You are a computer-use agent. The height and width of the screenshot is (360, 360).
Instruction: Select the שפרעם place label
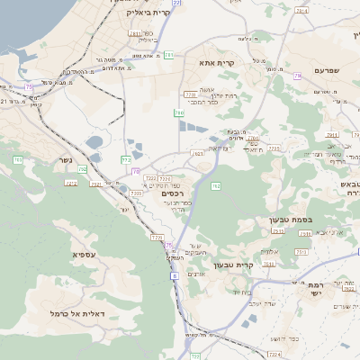[x=330, y=70]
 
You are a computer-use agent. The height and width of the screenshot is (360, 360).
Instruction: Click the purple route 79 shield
[x=297, y=76]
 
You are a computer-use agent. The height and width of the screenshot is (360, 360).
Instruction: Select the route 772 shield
[x=126, y=160]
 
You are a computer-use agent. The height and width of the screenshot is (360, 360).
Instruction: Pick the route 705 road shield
[x=18, y=160]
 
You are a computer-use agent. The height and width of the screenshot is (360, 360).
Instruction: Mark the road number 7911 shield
[x=331, y=135]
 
